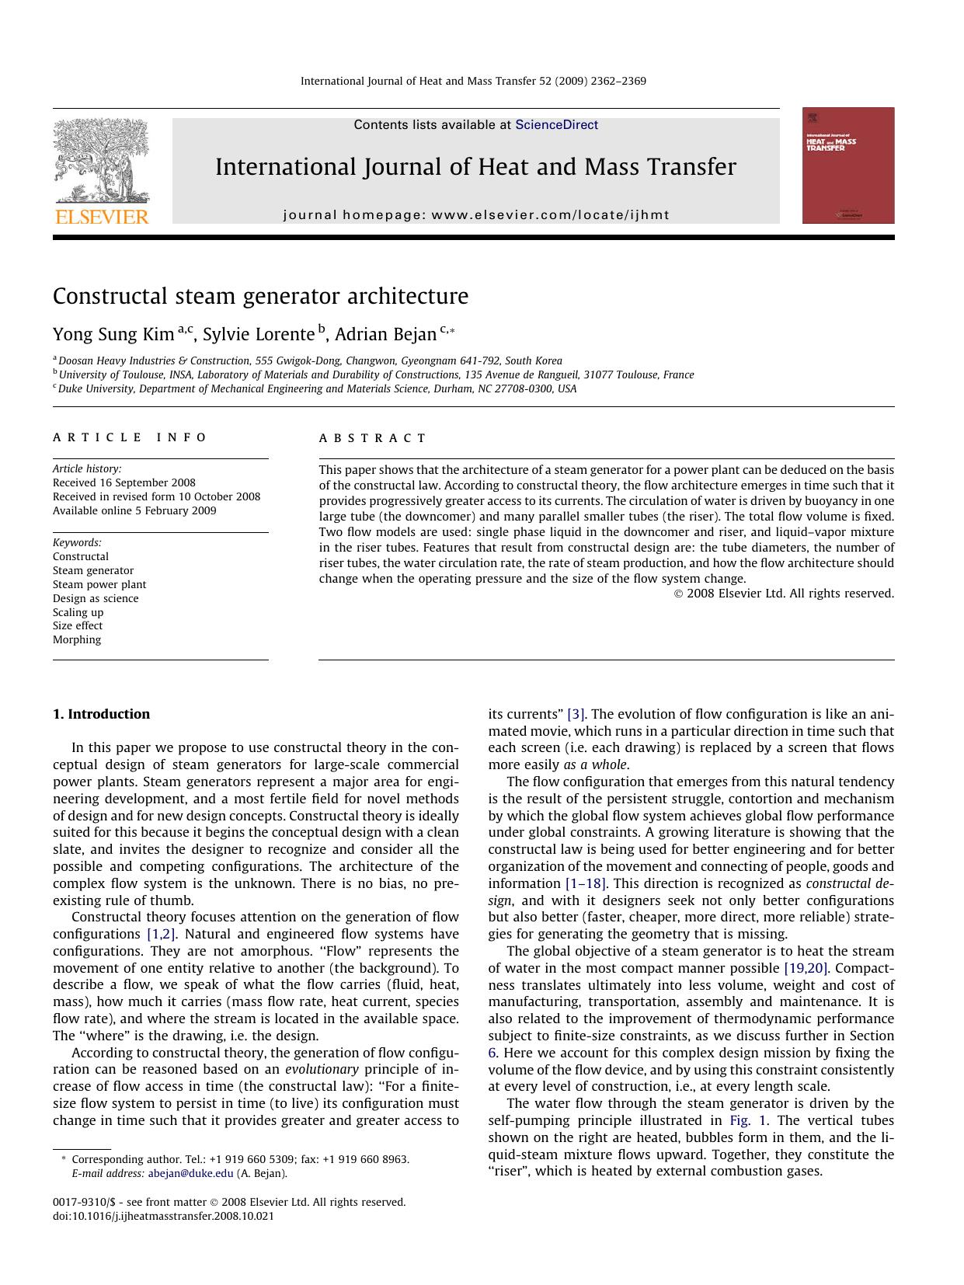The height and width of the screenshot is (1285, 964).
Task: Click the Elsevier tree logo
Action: pyautogui.click(x=101, y=160)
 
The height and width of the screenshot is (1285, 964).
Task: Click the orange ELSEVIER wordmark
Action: pyautogui.click(x=101, y=217)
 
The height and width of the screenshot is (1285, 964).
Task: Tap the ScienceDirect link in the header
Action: pyautogui.click(x=556, y=125)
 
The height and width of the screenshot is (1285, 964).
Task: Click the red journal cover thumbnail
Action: pyautogui.click(x=847, y=165)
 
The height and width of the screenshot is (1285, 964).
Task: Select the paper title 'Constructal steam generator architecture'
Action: pyautogui.click(x=260, y=297)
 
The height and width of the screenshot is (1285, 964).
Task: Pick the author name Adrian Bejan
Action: pyautogui.click(x=385, y=335)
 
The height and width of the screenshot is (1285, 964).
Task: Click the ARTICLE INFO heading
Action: pyautogui.click(x=130, y=437)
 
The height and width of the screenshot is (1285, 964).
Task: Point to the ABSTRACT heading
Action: pyautogui.click(x=373, y=438)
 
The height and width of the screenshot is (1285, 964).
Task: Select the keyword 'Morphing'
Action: pyautogui.click(x=77, y=640)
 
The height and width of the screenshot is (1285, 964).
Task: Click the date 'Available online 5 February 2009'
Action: pyautogui.click(x=134, y=511)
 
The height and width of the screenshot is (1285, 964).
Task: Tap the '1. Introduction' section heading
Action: pyautogui.click(x=101, y=714)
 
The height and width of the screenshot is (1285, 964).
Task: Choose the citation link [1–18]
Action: pyautogui.click(x=586, y=883)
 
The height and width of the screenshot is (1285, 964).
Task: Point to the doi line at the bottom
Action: pyautogui.click(x=163, y=1217)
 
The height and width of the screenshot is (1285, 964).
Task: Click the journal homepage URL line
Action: pyautogui.click(x=475, y=215)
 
